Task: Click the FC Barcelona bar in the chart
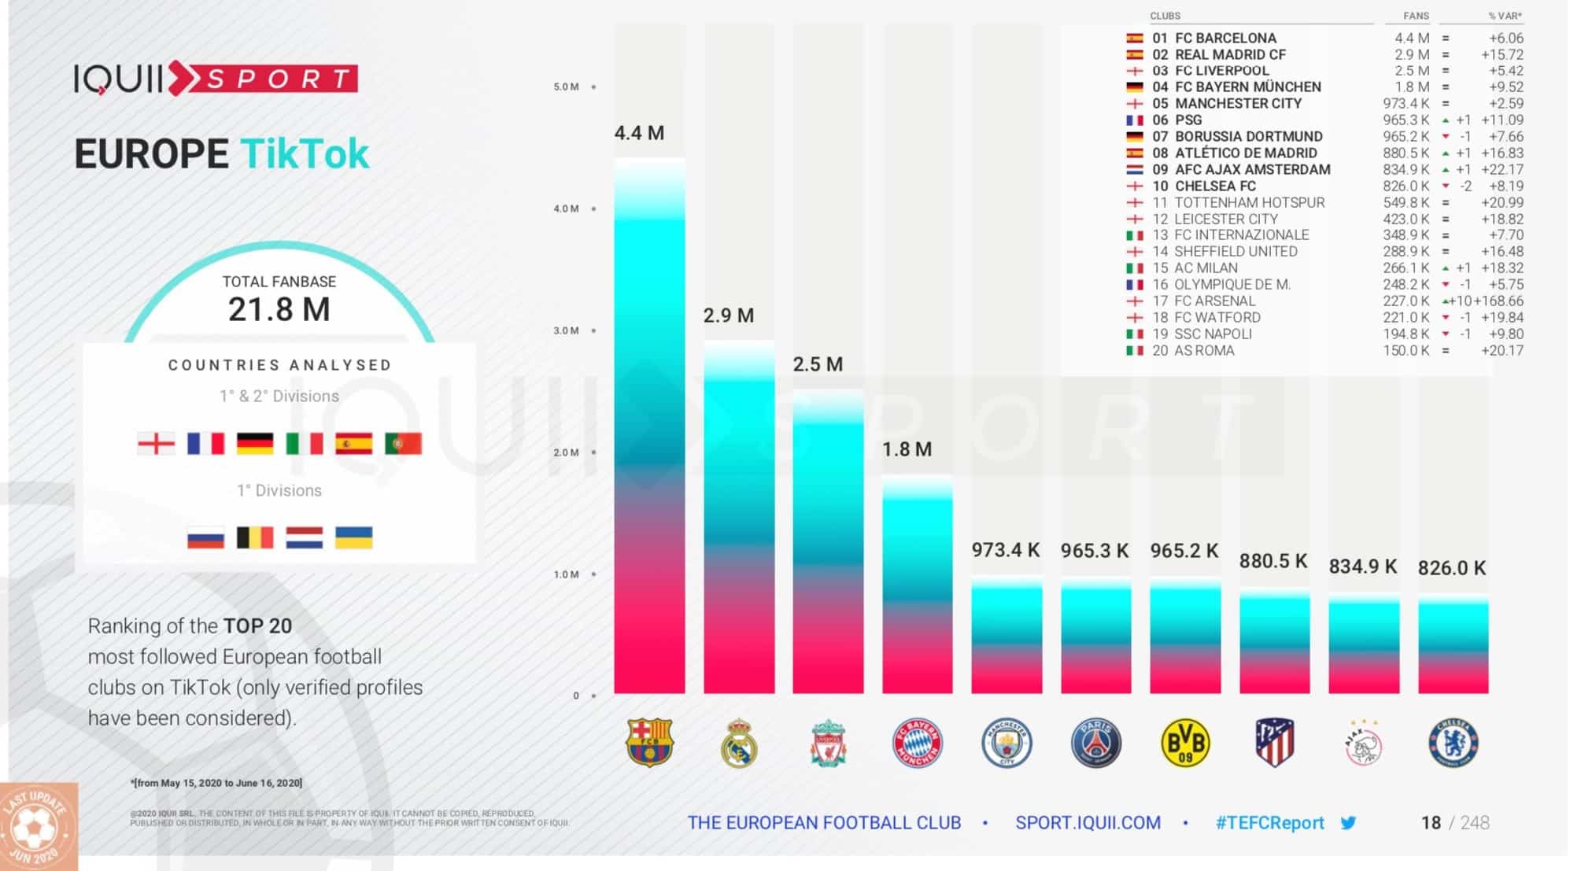(x=649, y=426)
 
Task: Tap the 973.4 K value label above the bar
(x=1005, y=550)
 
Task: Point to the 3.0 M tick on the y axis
(x=566, y=330)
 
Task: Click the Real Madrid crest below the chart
(x=738, y=743)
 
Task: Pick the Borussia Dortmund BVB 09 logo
(x=1184, y=743)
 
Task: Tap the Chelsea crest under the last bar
(x=1453, y=743)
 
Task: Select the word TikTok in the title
(x=305, y=153)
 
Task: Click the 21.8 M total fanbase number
(x=279, y=309)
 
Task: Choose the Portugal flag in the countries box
(x=403, y=444)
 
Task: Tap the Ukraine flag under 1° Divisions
(x=353, y=538)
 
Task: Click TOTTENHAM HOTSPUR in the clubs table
(x=1249, y=202)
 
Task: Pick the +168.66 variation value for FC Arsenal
(x=1498, y=301)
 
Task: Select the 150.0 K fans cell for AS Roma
(x=1406, y=350)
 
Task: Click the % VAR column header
(x=1504, y=16)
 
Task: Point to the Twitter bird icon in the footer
(x=1348, y=823)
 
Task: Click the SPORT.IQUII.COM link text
(x=1088, y=823)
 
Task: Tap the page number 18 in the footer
(x=1430, y=823)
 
